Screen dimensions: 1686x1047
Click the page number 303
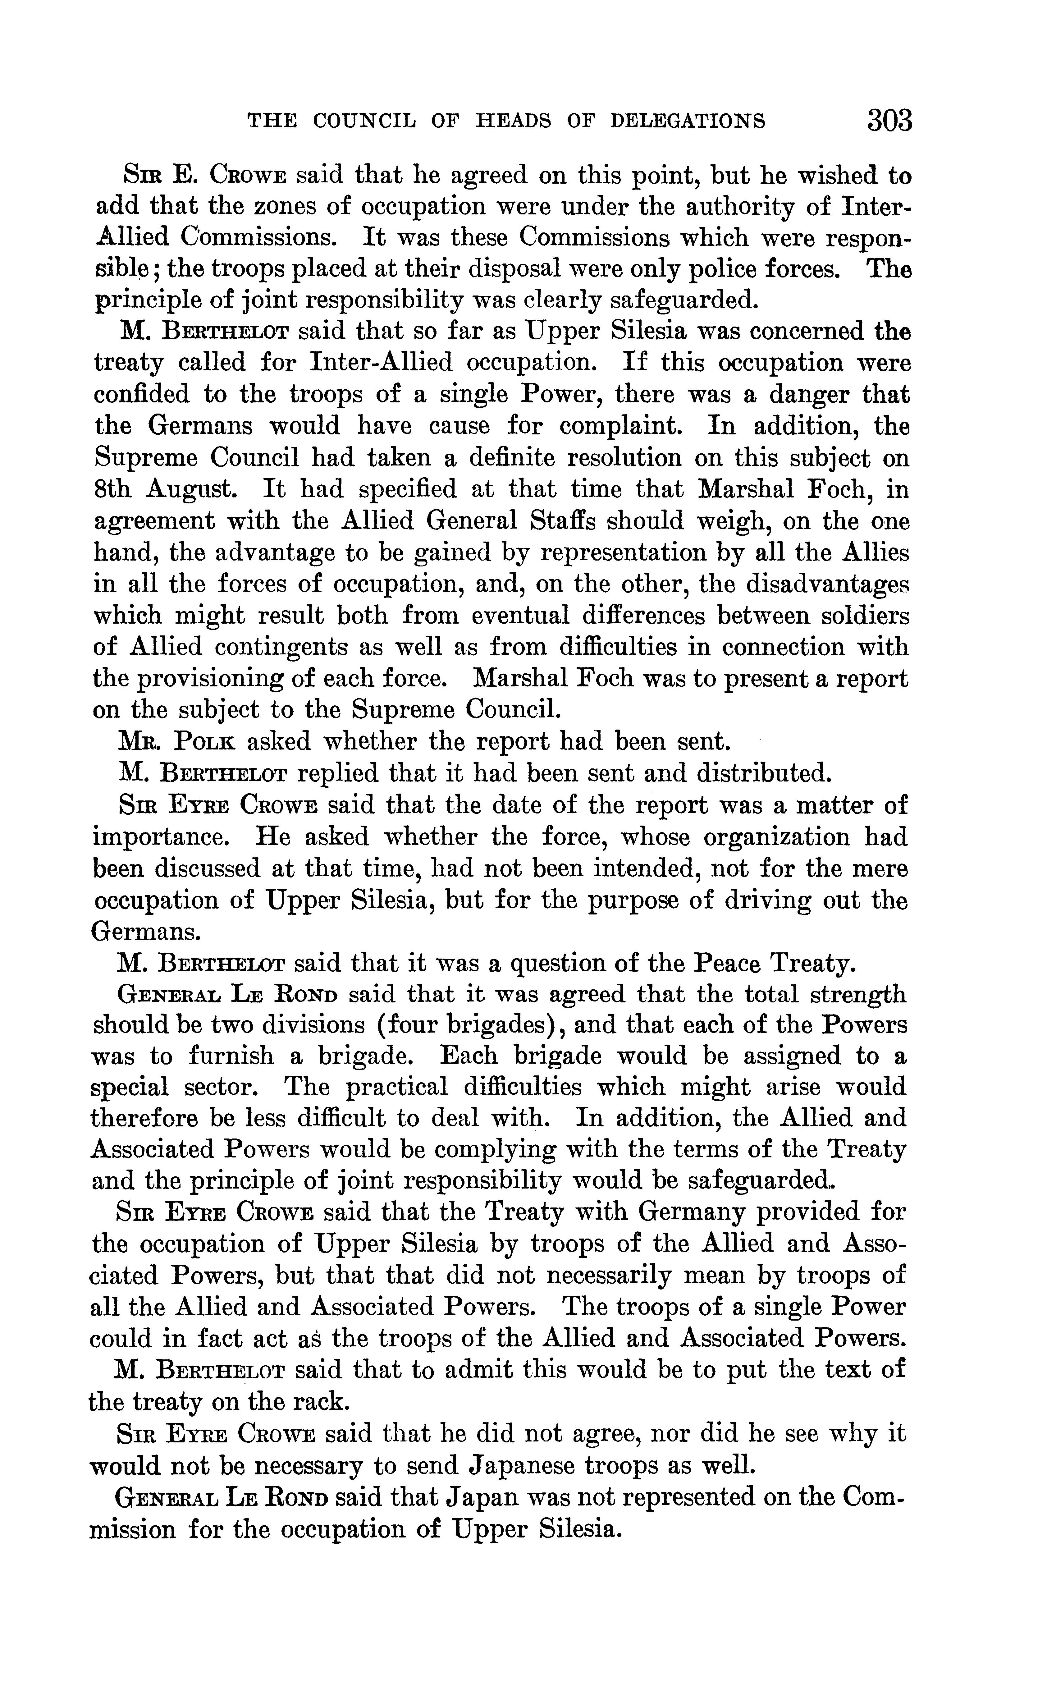click(889, 121)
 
